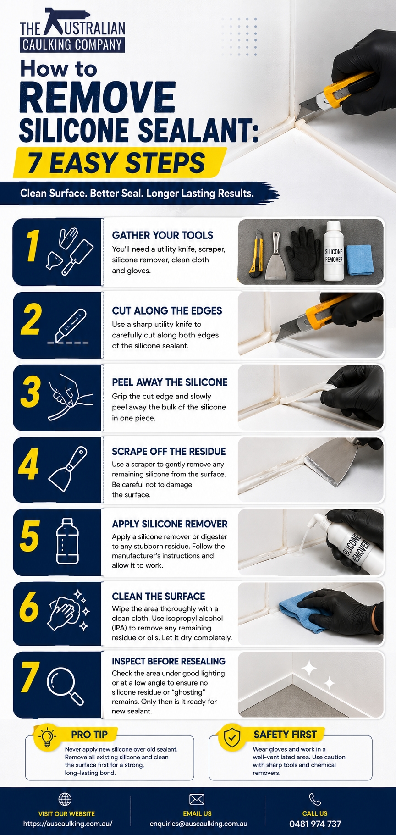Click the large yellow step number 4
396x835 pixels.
[28, 464]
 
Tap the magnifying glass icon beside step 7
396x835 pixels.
[65, 686]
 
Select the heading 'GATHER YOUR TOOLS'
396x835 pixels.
[163, 235]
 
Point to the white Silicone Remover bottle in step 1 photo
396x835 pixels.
[333, 251]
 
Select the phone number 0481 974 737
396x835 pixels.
[315, 824]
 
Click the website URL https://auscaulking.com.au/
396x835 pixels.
[68, 824]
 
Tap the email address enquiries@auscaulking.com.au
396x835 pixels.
[198, 824]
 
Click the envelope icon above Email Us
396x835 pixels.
[197, 799]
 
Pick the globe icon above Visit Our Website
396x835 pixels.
[65, 799]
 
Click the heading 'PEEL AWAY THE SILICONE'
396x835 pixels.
[170, 382]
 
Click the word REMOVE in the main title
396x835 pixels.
[98, 97]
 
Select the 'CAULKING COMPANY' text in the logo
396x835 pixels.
[72, 44]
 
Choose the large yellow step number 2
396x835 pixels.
[31, 319]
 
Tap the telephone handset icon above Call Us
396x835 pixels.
[315, 799]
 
